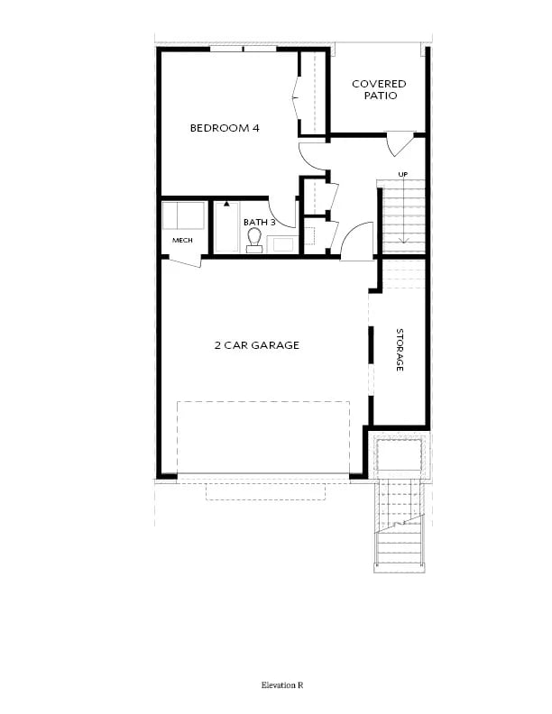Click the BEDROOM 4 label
(225, 128)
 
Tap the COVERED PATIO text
(379, 89)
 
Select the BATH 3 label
(258, 221)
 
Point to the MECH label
(182, 241)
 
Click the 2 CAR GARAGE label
(257, 345)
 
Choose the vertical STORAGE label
(399, 350)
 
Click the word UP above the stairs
(405, 175)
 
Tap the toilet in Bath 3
(254, 240)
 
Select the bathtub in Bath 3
(225, 227)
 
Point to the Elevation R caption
(283, 685)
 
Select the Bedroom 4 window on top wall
(243, 49)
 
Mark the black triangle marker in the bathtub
(226, 205)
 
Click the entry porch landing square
(398, 456)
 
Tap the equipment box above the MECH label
(183, 217)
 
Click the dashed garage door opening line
(262, 402)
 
